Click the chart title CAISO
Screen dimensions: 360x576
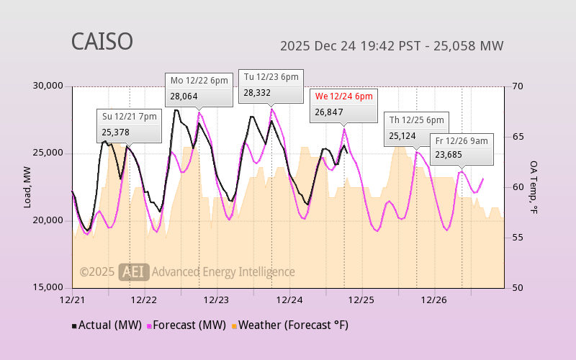pos(102,42)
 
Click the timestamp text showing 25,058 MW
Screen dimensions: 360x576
pos(391,46)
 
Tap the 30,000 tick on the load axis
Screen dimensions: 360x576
pos(48,86)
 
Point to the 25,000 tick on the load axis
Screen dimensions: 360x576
pos(48,153)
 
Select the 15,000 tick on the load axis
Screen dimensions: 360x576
pos(48,287)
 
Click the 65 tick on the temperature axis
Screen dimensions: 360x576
pos(518,137)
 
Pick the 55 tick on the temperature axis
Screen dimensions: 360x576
pos(518,238)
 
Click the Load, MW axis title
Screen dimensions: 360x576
pos(27,187)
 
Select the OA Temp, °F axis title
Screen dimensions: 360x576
pos(534,187)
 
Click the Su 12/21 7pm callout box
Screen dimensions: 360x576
pos(129,125)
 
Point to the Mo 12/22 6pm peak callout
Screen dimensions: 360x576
pos(199,88)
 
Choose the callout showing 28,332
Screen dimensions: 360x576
pos(271,85)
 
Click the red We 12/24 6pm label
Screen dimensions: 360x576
pos(343,96)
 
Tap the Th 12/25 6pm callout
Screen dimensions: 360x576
pos(416,127)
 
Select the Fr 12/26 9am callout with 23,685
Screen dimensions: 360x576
pos(462,148)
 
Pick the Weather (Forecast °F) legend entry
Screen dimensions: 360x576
pos(289,325)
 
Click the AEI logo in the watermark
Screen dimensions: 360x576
pos(134,271)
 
